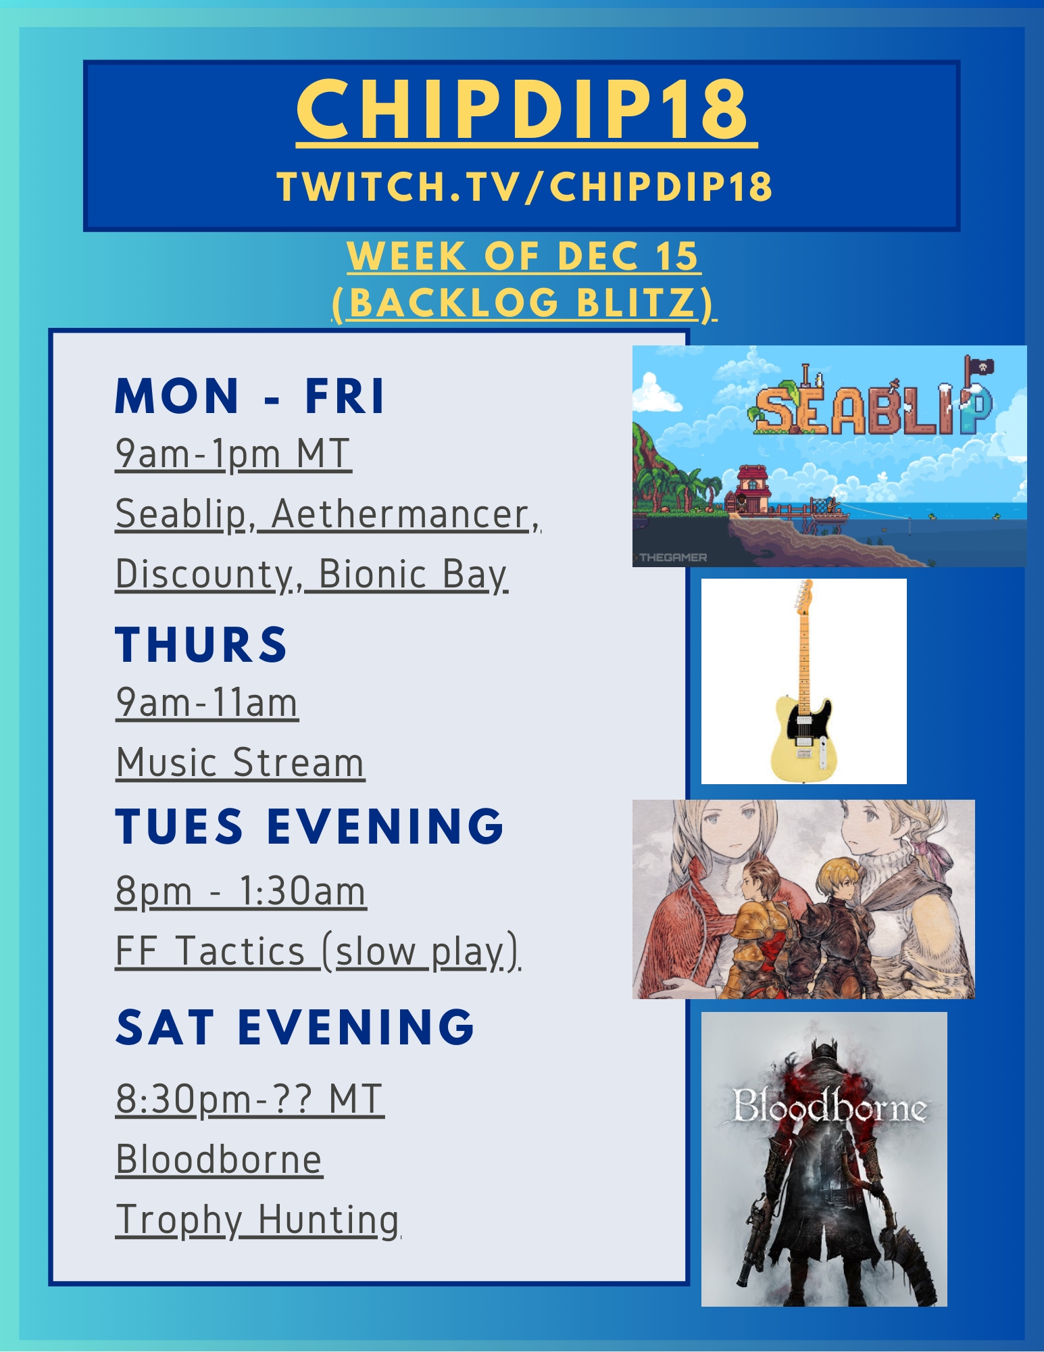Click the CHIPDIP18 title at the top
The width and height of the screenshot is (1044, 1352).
522,110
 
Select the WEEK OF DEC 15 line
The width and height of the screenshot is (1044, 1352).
523,256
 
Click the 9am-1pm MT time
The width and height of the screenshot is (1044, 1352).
233,454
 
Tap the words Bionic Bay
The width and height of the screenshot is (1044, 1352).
413,574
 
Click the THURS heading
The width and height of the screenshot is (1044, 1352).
201,644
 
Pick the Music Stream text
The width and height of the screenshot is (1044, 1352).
240,763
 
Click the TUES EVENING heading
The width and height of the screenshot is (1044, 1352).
309,825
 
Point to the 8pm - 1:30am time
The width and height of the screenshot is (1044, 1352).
241,891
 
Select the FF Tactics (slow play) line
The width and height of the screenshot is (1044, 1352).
318,951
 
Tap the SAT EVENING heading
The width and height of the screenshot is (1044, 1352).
295,1027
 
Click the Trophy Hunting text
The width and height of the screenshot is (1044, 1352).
257,1220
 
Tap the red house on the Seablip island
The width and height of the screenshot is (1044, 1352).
752,484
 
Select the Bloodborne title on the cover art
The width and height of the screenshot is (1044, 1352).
829,1107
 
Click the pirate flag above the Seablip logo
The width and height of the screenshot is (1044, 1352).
978,366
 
